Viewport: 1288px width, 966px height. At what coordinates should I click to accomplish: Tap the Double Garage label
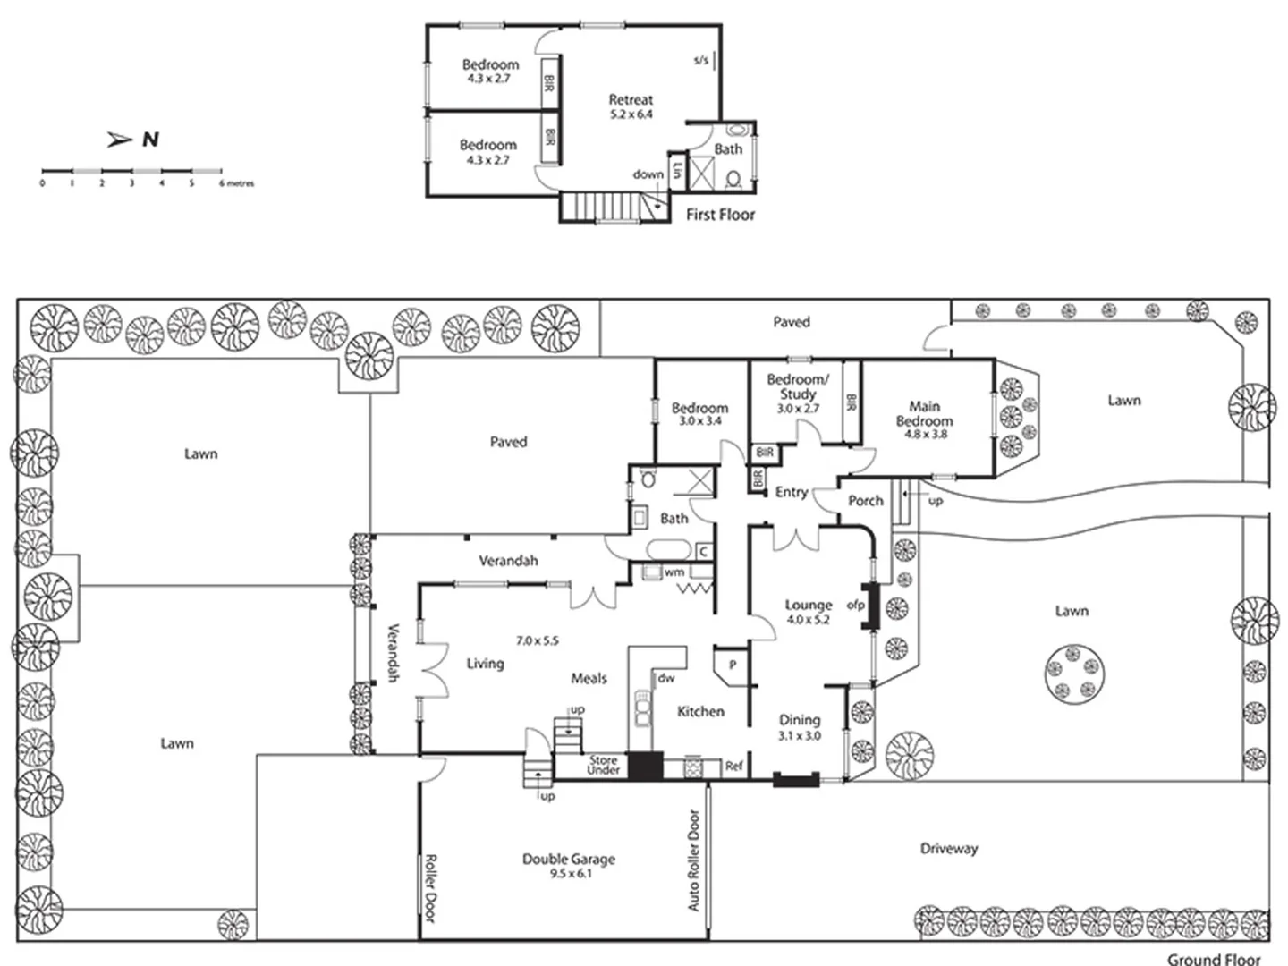tap(569, 859)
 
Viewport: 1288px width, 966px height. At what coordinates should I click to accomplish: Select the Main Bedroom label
tap(924, 413)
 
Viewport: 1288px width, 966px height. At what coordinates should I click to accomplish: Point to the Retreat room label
tap(631, 100)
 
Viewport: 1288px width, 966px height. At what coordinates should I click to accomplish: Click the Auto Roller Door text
tap(694, 860)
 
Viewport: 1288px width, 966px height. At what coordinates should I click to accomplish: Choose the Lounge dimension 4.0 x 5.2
tap(808, 620)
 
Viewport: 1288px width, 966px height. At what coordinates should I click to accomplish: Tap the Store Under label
tap(604, 765)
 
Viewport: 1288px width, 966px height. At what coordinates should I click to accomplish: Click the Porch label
tap(865, 501)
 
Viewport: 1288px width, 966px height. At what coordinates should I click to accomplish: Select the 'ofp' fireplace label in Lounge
tap(855, 606)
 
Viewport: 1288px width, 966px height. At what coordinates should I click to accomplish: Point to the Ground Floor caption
tap(1214, 959)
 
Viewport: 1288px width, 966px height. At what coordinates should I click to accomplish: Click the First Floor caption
tap(720, 215)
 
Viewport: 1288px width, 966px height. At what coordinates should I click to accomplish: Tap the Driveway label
tap(949, 848)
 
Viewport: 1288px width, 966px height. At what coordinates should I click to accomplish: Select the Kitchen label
tap(700, 711)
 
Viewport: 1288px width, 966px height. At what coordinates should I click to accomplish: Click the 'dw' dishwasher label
tap(666, 678)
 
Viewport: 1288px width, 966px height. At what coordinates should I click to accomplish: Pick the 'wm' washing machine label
tap(674, 572)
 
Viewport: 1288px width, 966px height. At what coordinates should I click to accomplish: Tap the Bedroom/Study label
tap(797, 386)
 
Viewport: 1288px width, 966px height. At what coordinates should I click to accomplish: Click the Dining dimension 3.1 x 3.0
tap(800, 736)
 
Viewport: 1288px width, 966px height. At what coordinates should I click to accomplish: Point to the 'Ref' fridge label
tap(733, 767)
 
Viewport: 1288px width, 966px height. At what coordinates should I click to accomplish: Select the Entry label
tap(791, 492)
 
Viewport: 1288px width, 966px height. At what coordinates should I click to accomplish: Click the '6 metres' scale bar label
tap(237, 183)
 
